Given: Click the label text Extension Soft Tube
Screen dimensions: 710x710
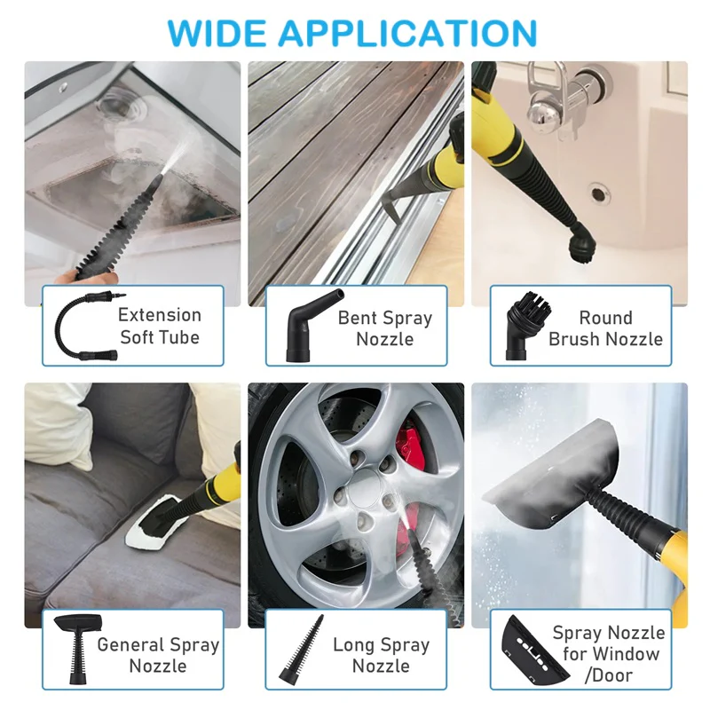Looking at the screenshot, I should (160, 326).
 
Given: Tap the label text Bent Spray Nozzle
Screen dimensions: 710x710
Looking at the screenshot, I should (384, 327).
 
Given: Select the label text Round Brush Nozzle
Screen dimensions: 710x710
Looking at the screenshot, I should (605, 327).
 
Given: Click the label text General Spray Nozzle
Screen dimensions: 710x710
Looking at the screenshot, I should (158, 655).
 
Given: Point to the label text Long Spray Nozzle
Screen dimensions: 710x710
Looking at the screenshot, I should (381, 655).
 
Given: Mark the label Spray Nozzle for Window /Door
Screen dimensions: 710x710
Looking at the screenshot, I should (609, 654).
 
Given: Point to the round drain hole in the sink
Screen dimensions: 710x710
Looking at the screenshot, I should (599, 192).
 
